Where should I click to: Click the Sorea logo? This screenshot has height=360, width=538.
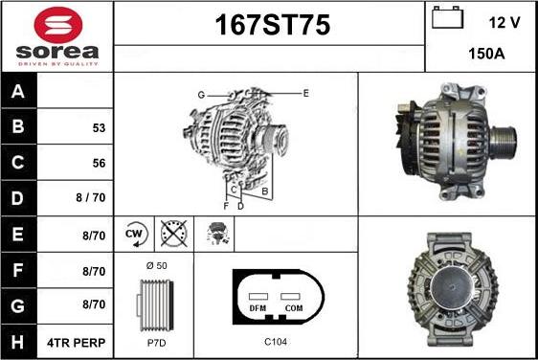point(56,35)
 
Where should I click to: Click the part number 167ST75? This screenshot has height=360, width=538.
point(269,27)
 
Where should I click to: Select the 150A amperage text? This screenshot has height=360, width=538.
point(481,56)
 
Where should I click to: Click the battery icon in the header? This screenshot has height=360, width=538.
point(447,18)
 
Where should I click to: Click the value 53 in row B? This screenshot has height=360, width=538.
point(99,127)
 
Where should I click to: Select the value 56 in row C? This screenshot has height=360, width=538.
point(99,163)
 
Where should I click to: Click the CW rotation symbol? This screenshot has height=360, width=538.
point(134,233)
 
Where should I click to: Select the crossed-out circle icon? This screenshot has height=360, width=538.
point(173,233)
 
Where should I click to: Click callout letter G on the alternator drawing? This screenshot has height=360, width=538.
point(202,95)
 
